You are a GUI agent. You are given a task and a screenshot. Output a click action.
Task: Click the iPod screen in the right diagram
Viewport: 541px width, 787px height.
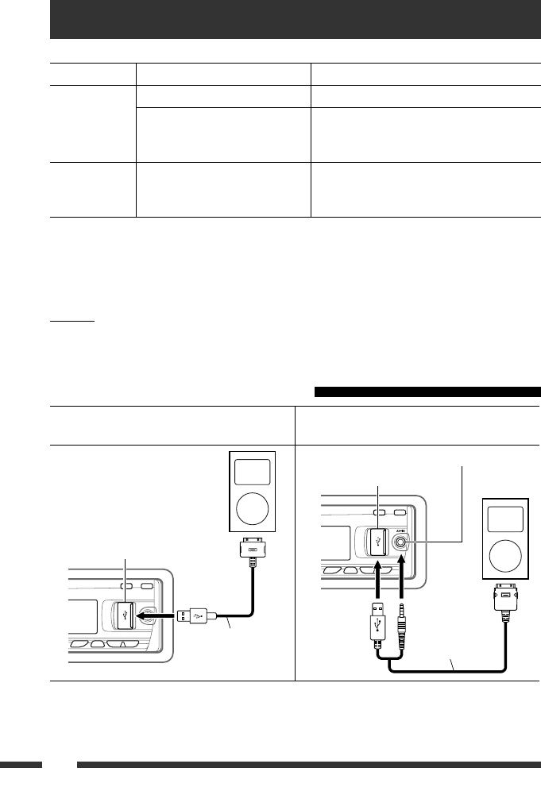(504, 520)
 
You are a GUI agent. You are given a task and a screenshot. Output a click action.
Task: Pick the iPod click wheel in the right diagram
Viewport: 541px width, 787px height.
(504, 556)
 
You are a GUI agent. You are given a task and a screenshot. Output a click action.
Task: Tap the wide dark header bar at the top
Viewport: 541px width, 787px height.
(295, 19)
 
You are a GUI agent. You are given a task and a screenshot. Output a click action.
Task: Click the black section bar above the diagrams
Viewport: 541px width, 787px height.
(427, 392)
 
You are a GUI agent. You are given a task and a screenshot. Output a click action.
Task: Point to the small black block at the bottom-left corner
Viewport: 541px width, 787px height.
(21, 765)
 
